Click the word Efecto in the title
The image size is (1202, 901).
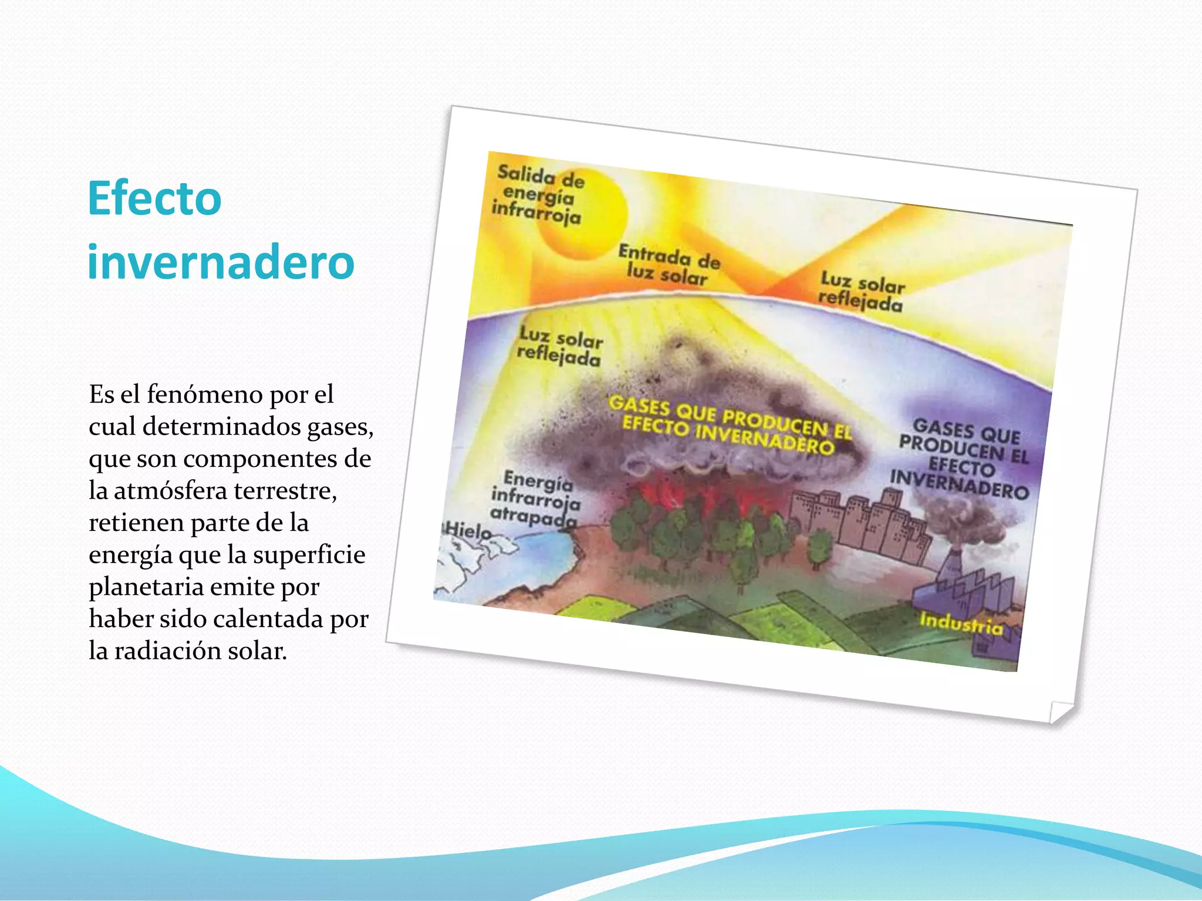(x=154, y=198)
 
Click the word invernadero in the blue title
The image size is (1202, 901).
(x=221, y=262)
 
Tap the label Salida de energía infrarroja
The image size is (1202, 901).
(x=538, y=195)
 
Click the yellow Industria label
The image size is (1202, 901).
(x=961, y=623)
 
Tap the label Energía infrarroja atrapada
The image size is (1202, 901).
(x=535, y=499)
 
